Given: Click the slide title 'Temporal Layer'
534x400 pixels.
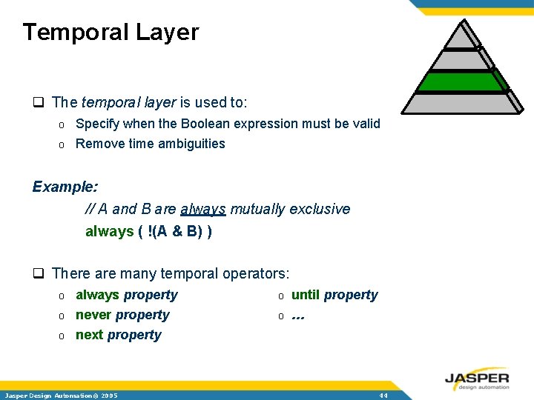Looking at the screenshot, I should click(x=111, y=33).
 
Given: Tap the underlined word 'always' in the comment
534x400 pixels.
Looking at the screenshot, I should click(x=202, y=210).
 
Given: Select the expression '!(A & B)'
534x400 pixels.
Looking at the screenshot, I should click(x=175, y=231).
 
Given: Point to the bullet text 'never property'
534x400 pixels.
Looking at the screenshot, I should click(x=122, y=315).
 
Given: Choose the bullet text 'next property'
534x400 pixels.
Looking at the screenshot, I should click(x=118, y=335).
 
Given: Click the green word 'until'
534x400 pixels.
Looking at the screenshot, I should click(x=305, y=295).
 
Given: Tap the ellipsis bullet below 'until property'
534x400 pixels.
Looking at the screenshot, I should click(x=298, y=316).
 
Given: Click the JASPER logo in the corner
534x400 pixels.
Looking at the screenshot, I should click(x=477, y=379).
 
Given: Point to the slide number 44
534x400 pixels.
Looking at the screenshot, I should click(x=383, y=396).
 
